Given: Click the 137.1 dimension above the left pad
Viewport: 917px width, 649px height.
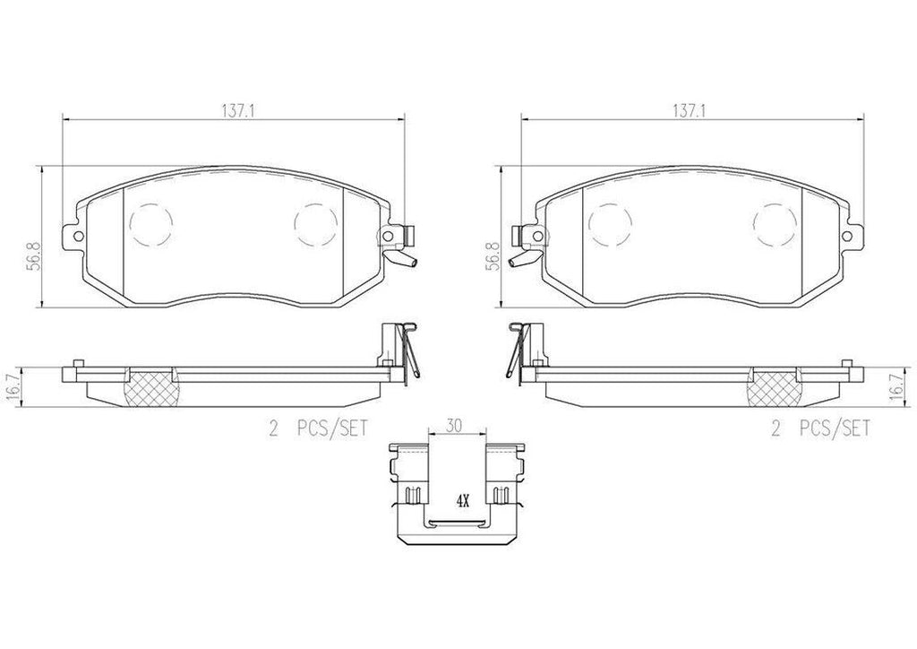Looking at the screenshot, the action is point(236,111).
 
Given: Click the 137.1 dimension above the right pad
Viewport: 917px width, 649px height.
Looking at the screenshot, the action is point(689,111).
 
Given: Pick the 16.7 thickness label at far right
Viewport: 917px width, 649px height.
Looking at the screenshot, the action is point(896,387).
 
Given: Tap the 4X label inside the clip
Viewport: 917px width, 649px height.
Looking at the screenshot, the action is point(463,501).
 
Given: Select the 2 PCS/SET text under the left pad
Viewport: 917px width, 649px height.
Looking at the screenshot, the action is point(318,429).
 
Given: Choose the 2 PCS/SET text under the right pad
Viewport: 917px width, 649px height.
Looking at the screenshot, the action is point(820,429).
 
